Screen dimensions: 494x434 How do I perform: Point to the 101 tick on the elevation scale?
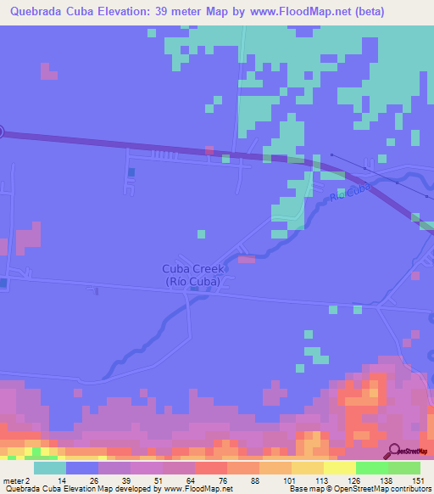292,480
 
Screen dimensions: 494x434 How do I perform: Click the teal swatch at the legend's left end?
50,468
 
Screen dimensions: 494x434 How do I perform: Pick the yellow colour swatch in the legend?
339,468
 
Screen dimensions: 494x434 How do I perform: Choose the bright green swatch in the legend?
371,468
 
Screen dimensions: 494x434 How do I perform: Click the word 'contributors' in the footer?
409,489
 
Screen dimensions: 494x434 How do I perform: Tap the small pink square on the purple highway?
209,150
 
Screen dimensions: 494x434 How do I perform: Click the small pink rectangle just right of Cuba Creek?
246,259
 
